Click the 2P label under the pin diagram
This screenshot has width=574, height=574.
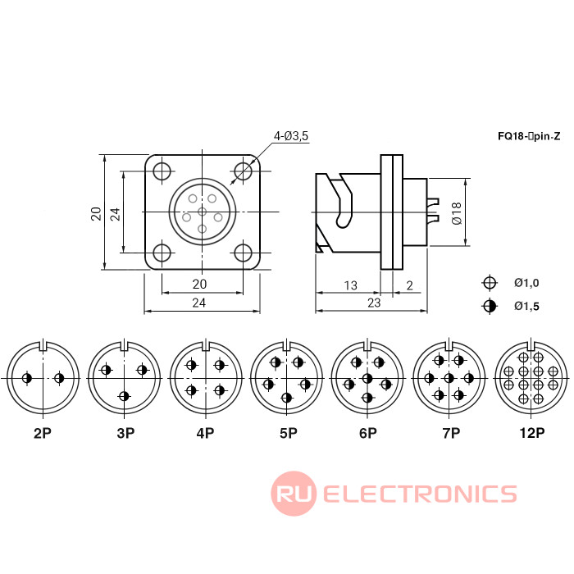pyautogui.click(x=43, y=432)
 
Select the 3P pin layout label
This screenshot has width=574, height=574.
pyautogui.click(x=124, y=432)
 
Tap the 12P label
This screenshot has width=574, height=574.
pyautogui.click(x=531, y=432)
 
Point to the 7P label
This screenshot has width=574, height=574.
pyautogui.click(x=449, y=432)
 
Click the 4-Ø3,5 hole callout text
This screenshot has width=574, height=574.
pyautogui.click(x=291, y=136)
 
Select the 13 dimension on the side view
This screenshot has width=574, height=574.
pyautogui.click(x=350, y=285)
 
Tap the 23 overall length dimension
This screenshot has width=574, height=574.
pyautogui.click(x=373, y=303)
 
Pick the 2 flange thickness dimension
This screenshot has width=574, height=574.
pyautogui.click(x=409, y=285)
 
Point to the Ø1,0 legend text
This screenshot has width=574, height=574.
pyautogui.click(x=526, y=283)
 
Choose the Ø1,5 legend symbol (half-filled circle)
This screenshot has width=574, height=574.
pyautogui.click(x=490, y=307)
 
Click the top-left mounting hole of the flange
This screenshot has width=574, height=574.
pyautogui.click(x=162, y=172)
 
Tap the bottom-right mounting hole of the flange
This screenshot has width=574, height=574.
pyautogui.click(x=243, y=253)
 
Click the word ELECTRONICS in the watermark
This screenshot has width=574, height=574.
pyautogui.click(x=420, y=494)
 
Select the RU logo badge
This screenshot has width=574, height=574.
pyautogui.click(x=294, y=494)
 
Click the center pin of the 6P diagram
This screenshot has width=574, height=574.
pyautogui.click(x=367, y=378)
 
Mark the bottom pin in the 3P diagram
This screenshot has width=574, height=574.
pyautogui.click(x=124, y=397)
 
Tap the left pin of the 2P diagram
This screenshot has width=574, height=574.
pyautogui.click(x=28, y=378)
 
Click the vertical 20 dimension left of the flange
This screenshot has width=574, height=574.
pyautogui.click(x=96, y=213)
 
